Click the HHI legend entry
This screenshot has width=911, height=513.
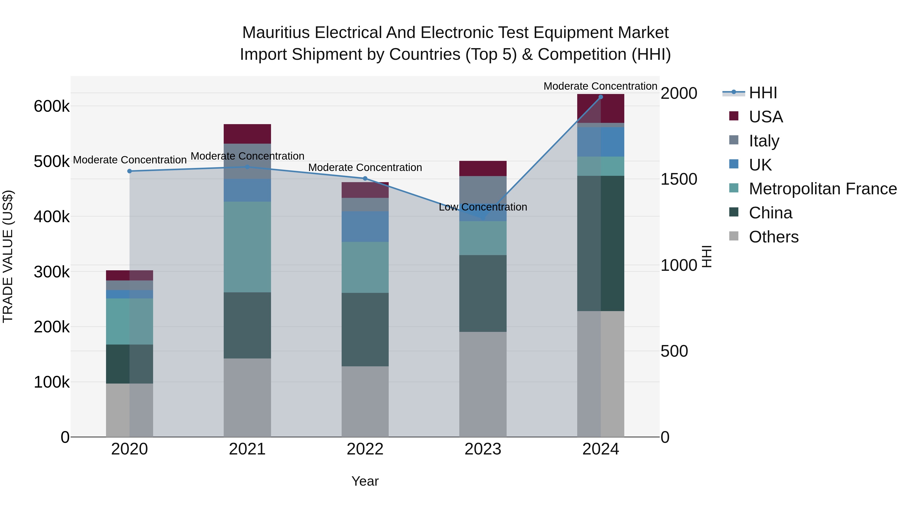point(762,93)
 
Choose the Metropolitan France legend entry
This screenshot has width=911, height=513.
point(822,189)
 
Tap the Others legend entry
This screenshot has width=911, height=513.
point(773,237)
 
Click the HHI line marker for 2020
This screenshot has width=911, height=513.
point(129,171)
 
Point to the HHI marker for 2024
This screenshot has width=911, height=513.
point(601,97)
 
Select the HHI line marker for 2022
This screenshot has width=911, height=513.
point(365,178)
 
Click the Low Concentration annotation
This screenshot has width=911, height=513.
point(483,207)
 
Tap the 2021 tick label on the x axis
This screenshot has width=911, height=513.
point(247,449)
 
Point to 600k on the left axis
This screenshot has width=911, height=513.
point(52,106)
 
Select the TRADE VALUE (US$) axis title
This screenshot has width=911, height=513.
point(8,256)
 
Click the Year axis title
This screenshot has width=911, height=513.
point(365,481)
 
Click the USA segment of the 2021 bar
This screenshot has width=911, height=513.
point(247,134)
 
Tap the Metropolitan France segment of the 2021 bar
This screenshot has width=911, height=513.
point(247,247)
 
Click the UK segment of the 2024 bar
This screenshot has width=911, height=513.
point(601,142)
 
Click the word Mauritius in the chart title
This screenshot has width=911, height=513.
point(276,33)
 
